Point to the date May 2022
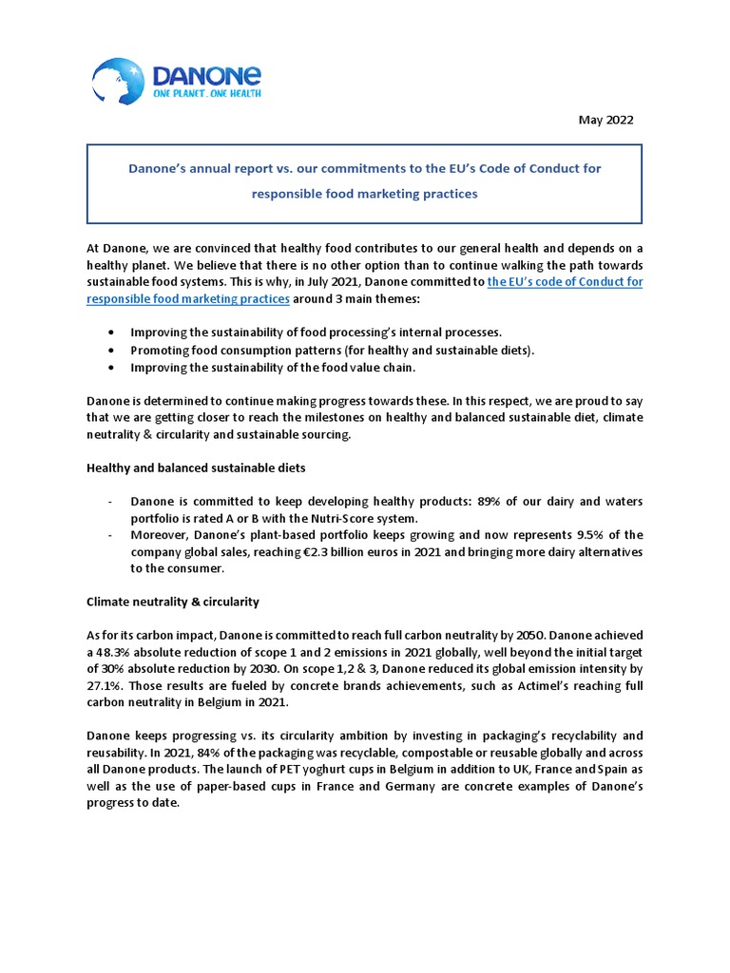tap(605, 120)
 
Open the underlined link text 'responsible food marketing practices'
tap(188, 298)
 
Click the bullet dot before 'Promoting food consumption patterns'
tap(114, 350)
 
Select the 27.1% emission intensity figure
tap(106, 685)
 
